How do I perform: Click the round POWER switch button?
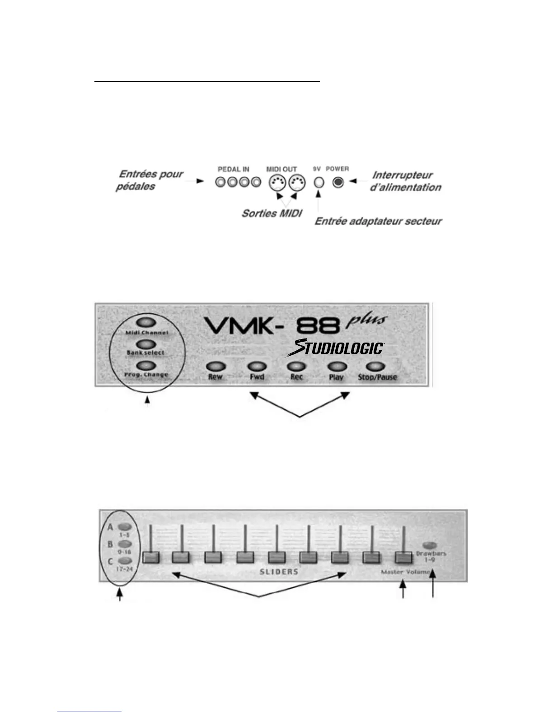(338, 182)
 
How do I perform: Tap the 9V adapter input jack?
(319, 182)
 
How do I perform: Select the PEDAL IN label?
(234, 169)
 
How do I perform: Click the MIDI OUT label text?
(281, 169)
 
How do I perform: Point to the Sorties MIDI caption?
(272, 213)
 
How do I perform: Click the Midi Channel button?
(146, 323)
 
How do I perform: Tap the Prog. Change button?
(146, 365)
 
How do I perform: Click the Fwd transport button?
(257, 367)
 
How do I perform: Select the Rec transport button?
(296, 367)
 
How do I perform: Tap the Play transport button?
(337, 367)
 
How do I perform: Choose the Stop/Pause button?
(377, 367)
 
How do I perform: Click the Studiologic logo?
(337, 348)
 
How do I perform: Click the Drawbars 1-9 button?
(430, 544)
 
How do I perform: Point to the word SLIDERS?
(279, 572)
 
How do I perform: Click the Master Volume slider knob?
(404, 558)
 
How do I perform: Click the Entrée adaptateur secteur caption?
(378, 222)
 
